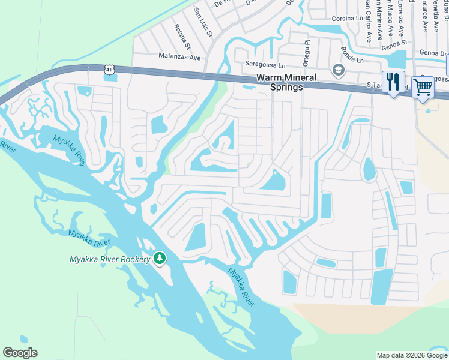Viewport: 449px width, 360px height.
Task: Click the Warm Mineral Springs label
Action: (x=279, y=82)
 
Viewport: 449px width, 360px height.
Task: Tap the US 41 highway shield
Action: (x=108, y=70)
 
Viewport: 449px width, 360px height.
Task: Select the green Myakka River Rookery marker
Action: (x=160, y=259)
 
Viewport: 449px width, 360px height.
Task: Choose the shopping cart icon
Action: (x=423, y=87)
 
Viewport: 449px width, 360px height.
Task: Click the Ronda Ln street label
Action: (x=352, y=56)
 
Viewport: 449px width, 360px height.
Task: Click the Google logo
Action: (x=20, y=353)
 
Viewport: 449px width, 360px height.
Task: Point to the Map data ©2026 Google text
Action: (x=411, y=355)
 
